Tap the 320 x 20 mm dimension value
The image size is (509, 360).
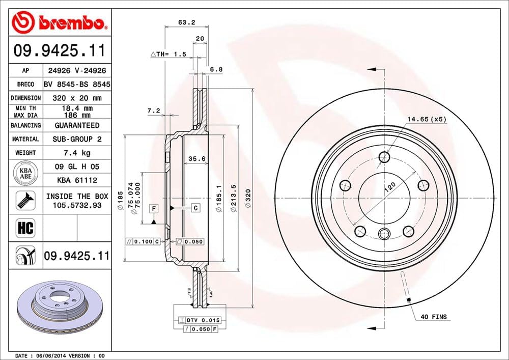click(x=76, y=98)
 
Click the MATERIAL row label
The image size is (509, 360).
click(x=25, y=139)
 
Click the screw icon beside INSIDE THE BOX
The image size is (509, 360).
click(x=25, y=200)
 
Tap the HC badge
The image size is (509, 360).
click(x=25, y=228)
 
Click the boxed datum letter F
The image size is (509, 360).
click(x=153, y=208)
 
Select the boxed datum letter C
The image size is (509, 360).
click(x=195, y=208)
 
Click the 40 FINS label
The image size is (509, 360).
click(x=433, y=317)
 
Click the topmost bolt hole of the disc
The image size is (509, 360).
click(x=384, y=156)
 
